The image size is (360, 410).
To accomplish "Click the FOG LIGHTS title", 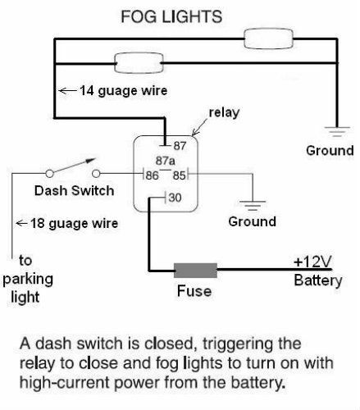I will pos(178,16).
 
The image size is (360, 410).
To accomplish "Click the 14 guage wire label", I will pos(115,90).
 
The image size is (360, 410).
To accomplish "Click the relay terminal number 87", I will pos(180,145).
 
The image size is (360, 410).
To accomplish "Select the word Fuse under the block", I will pos(194,290).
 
